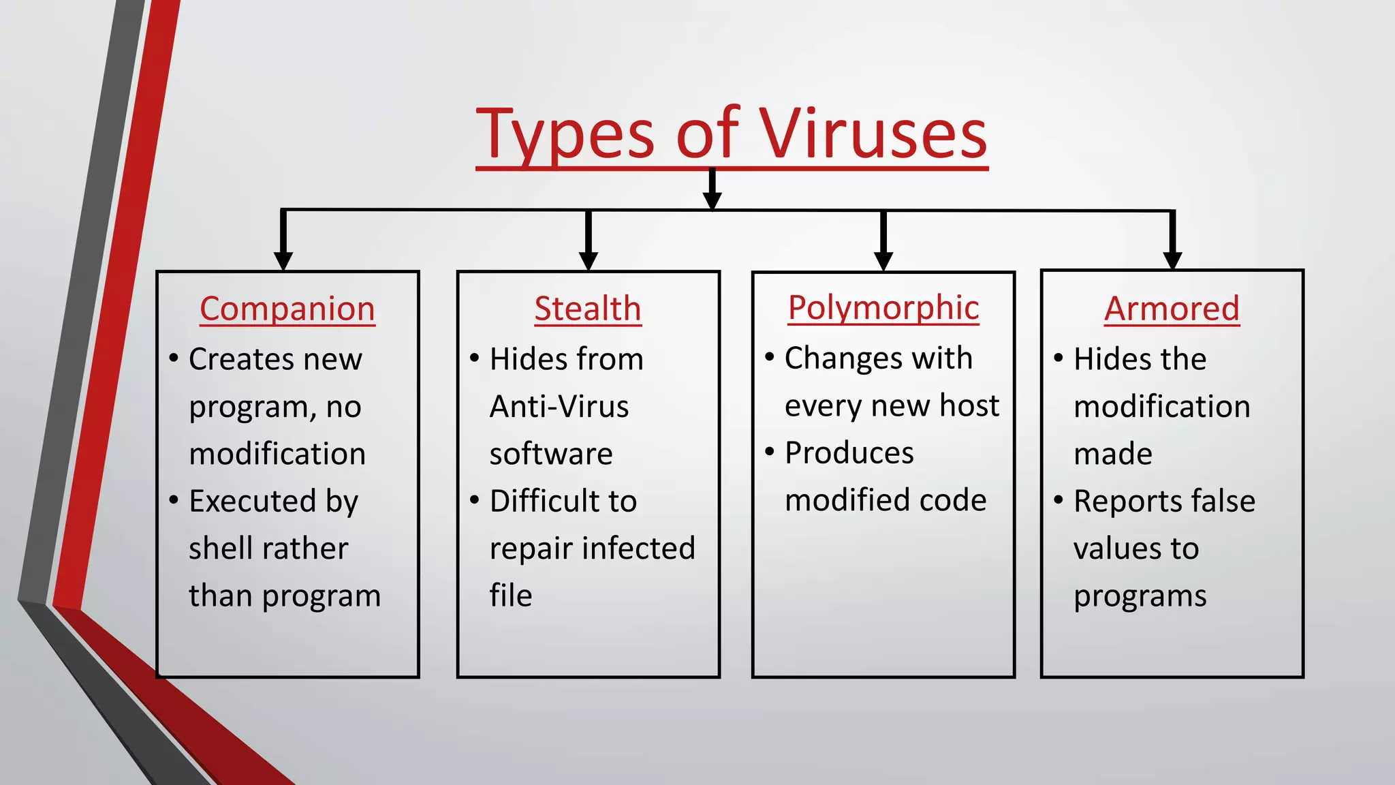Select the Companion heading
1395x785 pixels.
click(x=287, y=309)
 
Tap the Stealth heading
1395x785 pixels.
click(x=588, y=309)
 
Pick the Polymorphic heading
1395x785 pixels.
click(x=883, y=307)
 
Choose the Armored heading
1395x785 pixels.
click(x=1172, y=309)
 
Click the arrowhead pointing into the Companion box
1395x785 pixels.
click(x=283, y=261)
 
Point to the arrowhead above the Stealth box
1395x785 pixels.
click(x=589, y=261)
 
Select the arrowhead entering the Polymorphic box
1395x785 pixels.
click(x=883, y=261)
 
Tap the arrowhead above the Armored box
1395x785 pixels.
click(x=1172, y=260)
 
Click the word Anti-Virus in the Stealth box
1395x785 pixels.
click(x=559, y=407)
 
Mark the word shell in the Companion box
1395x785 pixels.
click(x=215, y=549)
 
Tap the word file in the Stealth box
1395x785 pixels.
click(x=510, y=596)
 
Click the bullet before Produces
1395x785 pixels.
click(x=770, y=452)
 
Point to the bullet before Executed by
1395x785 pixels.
click(x=174, y=500)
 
